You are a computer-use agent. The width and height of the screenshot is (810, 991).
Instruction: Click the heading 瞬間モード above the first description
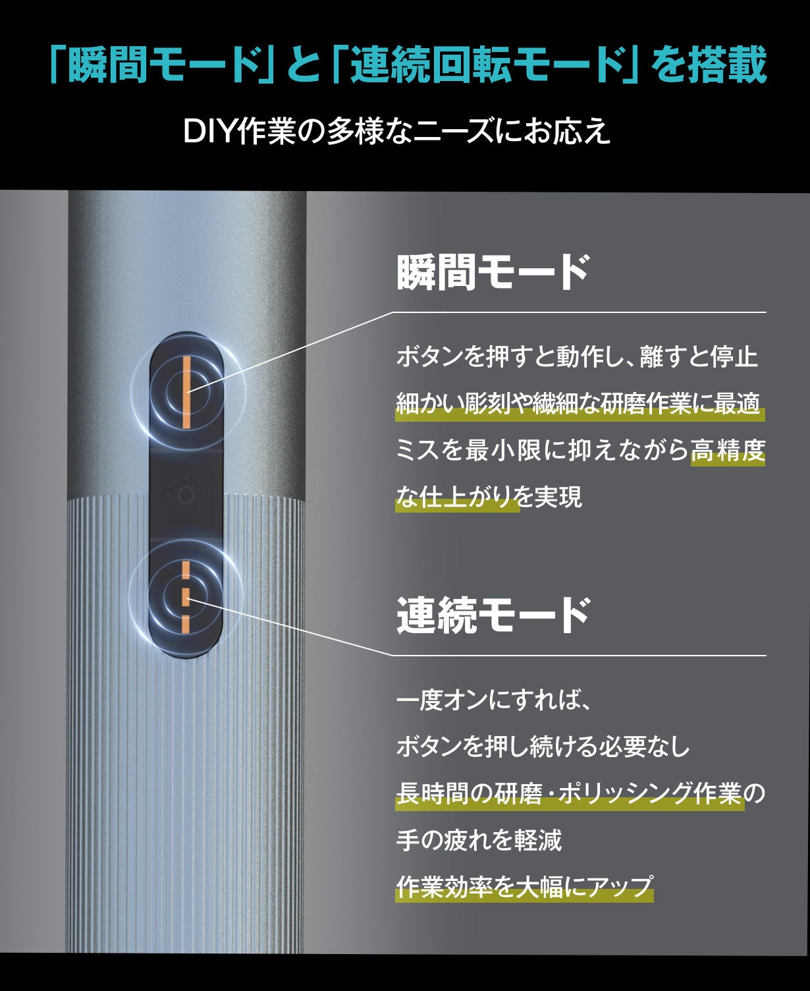[493, 272]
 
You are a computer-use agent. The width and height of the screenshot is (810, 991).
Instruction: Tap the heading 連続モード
[493, 615]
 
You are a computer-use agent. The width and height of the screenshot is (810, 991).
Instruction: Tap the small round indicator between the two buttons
[186, 495]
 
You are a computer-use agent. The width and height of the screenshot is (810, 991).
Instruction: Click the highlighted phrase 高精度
[728, 451]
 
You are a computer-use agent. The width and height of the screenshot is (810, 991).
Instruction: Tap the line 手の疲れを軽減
[479, 840]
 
